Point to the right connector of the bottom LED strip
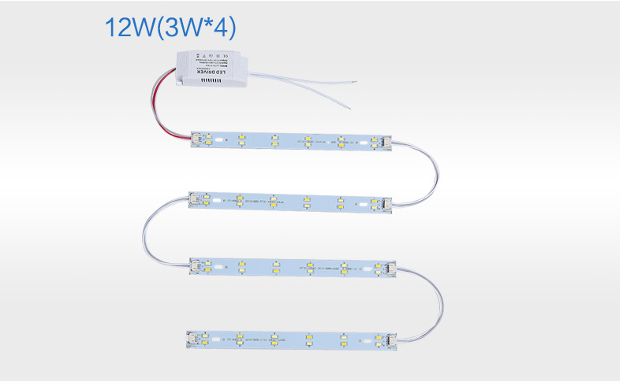click(384, 342)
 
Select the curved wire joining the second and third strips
click(147, 232)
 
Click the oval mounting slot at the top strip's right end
click(367, 144)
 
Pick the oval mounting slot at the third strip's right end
click(370, 267)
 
